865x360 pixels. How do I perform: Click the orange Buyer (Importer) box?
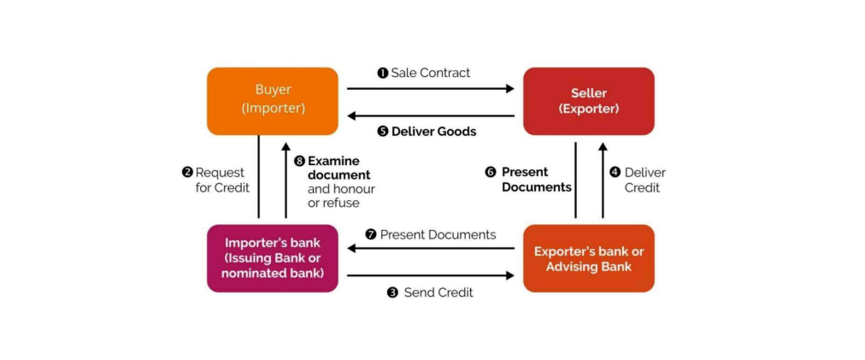[x=272, y=100]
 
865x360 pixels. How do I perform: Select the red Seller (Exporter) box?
[x=588, y=100]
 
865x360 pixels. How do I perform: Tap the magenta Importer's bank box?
[x=272, y=257]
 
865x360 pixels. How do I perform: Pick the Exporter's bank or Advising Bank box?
[x=588, y=257]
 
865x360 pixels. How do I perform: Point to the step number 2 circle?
[x=187, y=172]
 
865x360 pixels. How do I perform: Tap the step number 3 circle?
[x=392, y=292]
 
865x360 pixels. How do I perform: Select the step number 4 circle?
[x=615, y=172]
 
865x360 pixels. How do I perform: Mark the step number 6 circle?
[x=491, y=172]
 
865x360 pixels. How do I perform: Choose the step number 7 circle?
[x=370, y=234]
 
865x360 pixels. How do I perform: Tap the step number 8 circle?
[x=299, y=161]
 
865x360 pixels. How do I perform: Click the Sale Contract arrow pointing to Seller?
[x=430, y=87]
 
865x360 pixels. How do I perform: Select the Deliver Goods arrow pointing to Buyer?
[x=430, y=116]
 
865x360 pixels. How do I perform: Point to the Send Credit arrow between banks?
[x=430, y=275]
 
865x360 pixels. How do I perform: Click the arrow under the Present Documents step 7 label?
[x=430, y=249]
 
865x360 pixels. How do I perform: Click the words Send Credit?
[x=438, y=292]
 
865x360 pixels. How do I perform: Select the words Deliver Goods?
[x=433, y=132]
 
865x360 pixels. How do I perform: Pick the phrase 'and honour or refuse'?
[x=340, y=196]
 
